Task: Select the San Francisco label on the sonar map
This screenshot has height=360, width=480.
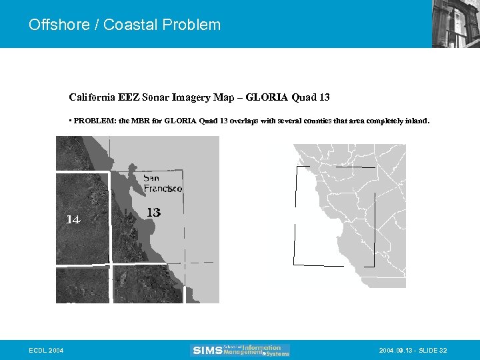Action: [163, 184]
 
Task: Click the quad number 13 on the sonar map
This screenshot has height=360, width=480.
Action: [153, 213]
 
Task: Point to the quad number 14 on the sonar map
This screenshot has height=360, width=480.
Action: [73, 219]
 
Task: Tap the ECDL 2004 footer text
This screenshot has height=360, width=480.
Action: [47, 351]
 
